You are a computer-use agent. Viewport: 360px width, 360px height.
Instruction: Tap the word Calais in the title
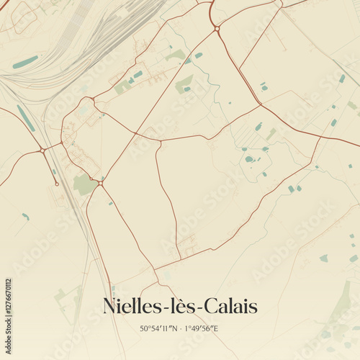tap(229, 305)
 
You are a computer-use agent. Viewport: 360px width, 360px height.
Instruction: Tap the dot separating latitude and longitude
tap(180, 328)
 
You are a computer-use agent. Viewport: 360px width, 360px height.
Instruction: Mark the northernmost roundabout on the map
tap(217, 28)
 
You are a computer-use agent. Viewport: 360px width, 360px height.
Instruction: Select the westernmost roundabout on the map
tap(42, 150)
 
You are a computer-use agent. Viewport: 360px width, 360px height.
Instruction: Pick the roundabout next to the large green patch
tap(100, 184)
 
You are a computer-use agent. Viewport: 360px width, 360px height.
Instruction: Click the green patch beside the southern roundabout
tap(84, 184)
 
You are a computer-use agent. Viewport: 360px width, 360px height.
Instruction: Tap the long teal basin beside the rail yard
tap(25, 62)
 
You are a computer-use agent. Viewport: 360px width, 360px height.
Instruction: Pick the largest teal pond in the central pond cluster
tap(249, 158)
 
